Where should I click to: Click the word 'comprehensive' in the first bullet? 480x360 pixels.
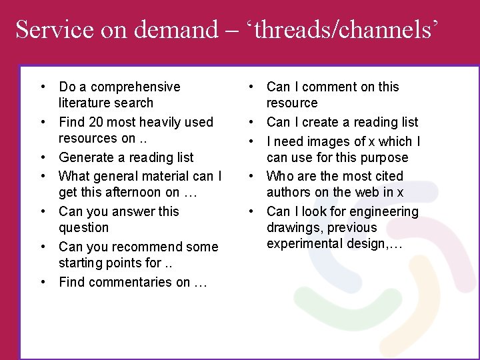point(135,87)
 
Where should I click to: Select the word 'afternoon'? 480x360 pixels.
point(140,192)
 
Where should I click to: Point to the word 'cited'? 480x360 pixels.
point(389,176)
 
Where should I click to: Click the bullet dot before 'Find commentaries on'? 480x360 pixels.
point(43,282)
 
